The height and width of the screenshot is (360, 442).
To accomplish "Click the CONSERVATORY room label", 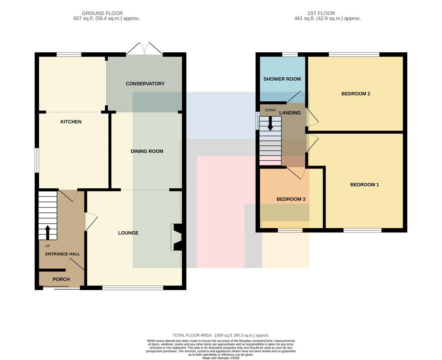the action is click(145, 84).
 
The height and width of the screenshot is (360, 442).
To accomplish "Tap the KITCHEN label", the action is click(71, 122).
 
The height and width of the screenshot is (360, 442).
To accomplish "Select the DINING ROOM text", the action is click(147, 151).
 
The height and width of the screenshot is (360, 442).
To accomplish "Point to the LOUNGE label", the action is click(128, 233).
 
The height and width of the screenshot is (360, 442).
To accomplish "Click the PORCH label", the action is click(61, 279).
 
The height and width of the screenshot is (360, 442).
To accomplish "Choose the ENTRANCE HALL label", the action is click(63, 254).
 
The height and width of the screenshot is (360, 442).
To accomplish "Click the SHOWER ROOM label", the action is click(282, 79).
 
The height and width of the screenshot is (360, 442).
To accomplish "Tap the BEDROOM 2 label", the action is click(356, 94).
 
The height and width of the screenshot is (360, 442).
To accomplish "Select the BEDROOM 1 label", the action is click(364, 185).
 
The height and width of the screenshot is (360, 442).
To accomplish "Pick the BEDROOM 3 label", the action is click(291, 199).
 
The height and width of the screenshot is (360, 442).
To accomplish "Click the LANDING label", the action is click(290, 113).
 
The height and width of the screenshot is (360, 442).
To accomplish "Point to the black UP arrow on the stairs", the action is click(48, 233).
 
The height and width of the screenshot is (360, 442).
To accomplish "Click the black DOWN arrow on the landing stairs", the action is click(270, 123).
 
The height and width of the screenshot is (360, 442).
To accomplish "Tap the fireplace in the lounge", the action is click(176, 237).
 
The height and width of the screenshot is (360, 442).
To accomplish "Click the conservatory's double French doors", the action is click(144, 49).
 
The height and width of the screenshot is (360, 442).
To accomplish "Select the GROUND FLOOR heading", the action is click(102, 13).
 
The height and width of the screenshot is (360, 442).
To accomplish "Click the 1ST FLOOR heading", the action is click(321, 13).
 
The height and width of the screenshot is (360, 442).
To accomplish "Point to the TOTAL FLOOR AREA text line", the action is click(221, 335).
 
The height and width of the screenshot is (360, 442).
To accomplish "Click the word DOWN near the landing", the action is click(270, 110).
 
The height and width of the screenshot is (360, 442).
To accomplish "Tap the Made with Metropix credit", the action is click(221, 358).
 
